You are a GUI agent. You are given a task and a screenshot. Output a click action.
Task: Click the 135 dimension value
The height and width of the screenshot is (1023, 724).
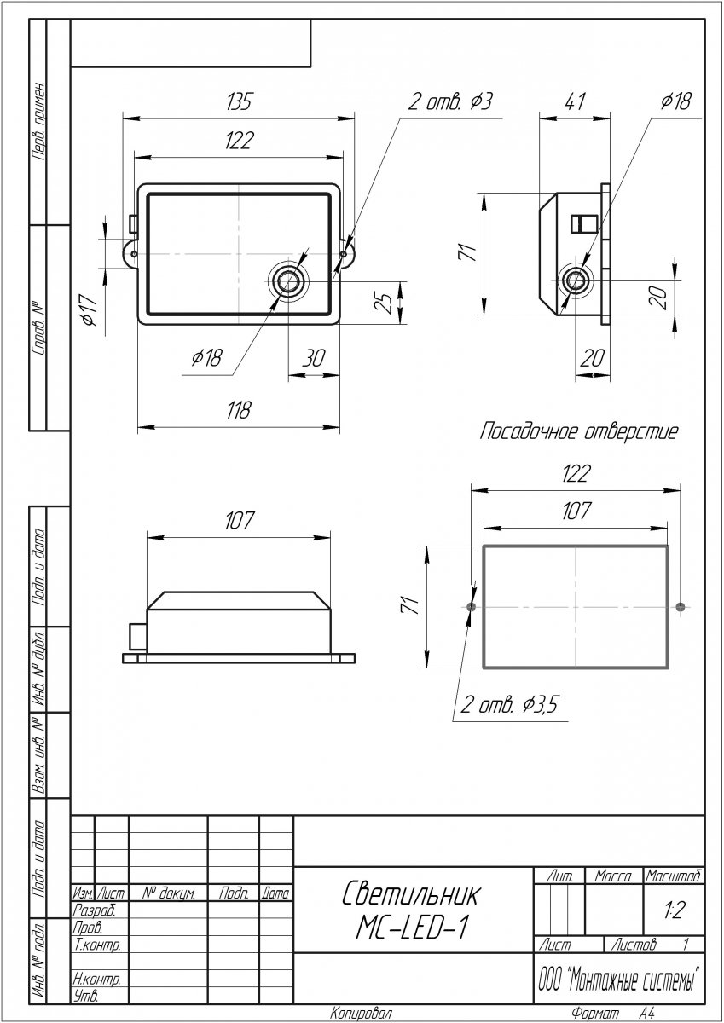pos(239,101)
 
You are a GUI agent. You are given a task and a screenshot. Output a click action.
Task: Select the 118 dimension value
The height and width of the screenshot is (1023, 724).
pos(239,410)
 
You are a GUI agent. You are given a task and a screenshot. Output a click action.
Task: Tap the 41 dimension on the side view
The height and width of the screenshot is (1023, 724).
pos(574,101)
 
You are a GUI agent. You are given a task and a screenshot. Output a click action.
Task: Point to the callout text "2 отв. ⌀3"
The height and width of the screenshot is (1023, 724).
pos(450,101)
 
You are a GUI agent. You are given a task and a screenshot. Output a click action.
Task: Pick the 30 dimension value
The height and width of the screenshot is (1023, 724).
pos(314,358)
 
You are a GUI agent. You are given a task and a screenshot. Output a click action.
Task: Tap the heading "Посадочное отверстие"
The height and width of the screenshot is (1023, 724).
pos(579,431)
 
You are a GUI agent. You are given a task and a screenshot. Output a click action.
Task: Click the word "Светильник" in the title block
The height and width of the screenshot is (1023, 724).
pos(411,893)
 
